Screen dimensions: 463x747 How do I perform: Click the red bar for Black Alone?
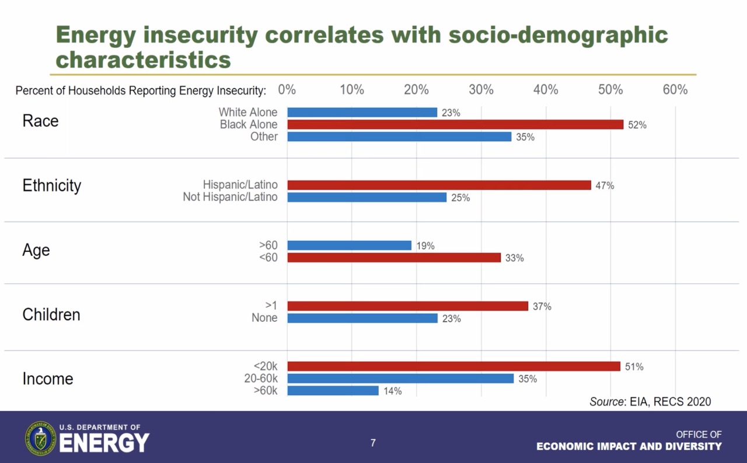455,124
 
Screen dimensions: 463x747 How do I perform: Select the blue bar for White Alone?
362,113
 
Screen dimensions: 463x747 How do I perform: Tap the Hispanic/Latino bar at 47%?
439,185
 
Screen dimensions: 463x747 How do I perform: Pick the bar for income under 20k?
453,366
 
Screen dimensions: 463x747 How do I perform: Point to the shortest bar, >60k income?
333,391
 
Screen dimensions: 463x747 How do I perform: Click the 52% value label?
637,125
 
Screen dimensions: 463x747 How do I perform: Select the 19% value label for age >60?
425,246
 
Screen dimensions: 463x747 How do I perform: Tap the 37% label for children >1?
542,306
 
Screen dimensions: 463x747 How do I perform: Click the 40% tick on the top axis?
546,90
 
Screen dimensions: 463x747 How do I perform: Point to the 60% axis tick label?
675,90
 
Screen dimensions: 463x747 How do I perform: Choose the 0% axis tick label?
287,90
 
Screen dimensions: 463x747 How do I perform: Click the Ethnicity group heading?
52,185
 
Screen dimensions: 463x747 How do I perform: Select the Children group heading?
51,315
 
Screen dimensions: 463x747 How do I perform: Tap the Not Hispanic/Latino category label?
230,197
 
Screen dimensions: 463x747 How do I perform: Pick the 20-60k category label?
261,378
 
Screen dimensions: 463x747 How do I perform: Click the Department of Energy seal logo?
40,439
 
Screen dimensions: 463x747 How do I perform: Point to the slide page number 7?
373,443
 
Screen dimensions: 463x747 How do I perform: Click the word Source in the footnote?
607,401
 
